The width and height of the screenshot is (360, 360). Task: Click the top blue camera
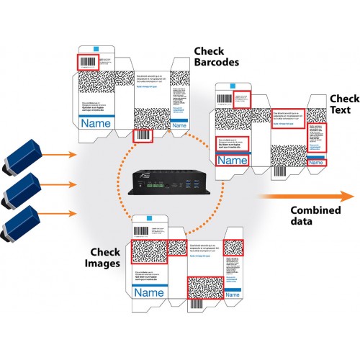[22, 158]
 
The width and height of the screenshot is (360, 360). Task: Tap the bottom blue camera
[22, 221]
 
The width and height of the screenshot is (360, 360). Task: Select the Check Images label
[106, 258]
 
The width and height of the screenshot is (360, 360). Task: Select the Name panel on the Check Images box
[150, 293]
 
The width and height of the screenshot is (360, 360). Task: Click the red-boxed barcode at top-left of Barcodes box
[88, 61]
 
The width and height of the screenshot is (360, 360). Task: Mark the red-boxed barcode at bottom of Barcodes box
[143, 134]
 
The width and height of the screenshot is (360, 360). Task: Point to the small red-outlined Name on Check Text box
[316, 163]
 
